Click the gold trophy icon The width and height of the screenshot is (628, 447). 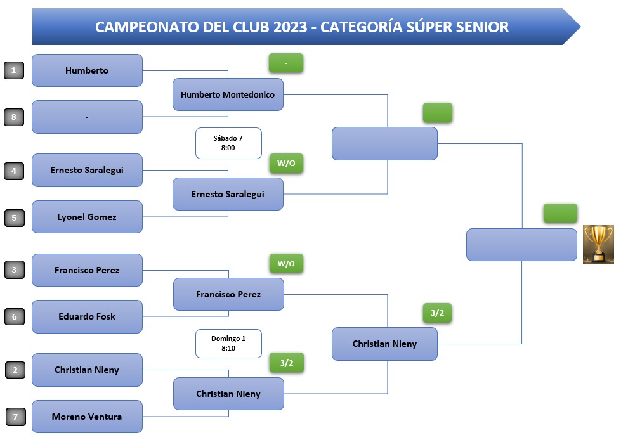598,244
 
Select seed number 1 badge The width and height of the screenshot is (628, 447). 14,70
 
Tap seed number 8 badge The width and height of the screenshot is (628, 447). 14,117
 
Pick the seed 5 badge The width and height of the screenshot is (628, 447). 14,217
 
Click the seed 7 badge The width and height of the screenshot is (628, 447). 16,417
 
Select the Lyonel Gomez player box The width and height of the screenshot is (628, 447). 87,217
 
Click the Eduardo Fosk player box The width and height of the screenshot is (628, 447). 87,316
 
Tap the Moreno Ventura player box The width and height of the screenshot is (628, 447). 87,417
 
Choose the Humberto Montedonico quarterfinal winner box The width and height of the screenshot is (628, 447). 228,94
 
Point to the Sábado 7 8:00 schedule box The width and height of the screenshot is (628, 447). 228,143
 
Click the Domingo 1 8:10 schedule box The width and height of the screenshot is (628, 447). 228,344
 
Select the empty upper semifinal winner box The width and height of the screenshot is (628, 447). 384,143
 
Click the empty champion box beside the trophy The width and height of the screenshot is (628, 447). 521,244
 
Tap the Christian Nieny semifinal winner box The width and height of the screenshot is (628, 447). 384,344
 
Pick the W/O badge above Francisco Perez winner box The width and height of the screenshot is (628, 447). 286,263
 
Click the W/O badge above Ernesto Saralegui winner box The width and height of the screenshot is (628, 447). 286,163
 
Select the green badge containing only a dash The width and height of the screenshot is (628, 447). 286,63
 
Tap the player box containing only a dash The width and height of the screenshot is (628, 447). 87,117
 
